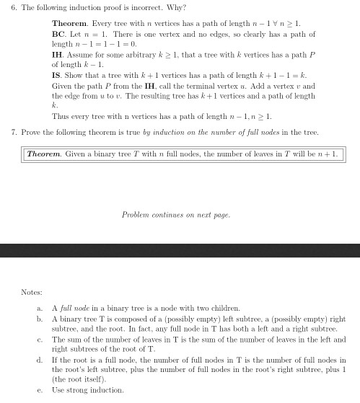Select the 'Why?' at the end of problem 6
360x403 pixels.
coord(125,9)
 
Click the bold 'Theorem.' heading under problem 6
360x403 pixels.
coord(68,24)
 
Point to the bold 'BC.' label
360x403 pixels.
coord(59,34)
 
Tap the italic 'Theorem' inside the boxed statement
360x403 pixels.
coord(45,154)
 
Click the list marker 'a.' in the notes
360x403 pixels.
coord(38,308)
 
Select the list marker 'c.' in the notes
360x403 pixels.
coord(38,339)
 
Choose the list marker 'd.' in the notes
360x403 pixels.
coord(38,359)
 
